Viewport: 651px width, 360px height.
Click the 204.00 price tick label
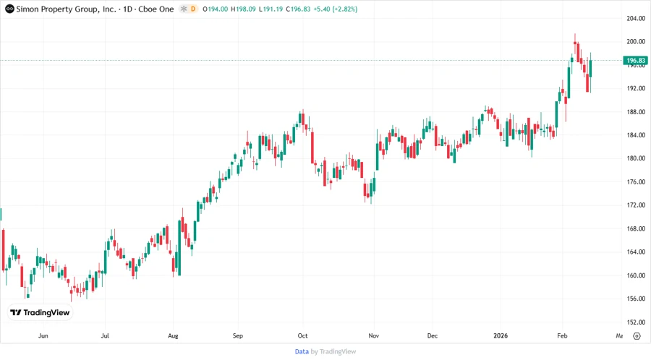tap(636, 18)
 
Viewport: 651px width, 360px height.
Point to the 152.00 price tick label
tap(636, 322)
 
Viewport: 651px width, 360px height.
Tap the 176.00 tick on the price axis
tap(636, 182)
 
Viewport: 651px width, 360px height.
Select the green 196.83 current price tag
tap(636, 61)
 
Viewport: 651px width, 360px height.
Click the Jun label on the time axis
tap(43, 336)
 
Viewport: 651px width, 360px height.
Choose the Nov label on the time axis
tap(373, 336)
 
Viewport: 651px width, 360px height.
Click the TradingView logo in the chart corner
tap(40, 313)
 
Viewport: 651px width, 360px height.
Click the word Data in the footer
tap(302, 351)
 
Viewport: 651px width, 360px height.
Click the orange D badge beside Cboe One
tap(193, 9)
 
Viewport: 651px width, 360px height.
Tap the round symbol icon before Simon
tap(9, 9)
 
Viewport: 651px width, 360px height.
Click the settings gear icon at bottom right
tap(637, 336)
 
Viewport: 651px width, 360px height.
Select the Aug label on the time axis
tap(172, 336)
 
